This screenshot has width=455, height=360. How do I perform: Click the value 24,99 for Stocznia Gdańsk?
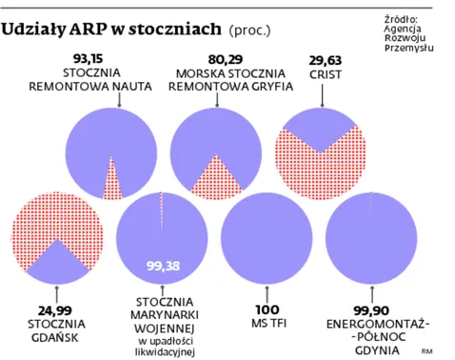pyautogui.click(x=56, y=310)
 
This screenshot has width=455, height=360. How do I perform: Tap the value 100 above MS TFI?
pyautogui.click(x=265, y=310)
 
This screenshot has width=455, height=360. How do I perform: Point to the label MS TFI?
pyautogui.click(x=265, y=324)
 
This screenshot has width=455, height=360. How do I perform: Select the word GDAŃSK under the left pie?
pyautogui.click(x=56, y=337)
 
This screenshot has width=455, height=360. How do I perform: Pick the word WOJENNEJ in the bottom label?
pyautogui.click(x=162, y=329)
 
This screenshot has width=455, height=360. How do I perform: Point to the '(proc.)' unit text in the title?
pyautogui.click(x=250, y=30)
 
